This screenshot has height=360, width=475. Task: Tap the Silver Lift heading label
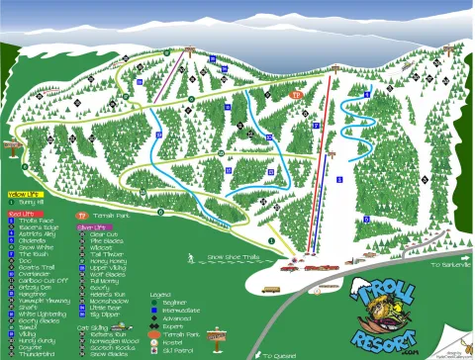(92, 226)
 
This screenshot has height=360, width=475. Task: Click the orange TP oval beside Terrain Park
(82, 213)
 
